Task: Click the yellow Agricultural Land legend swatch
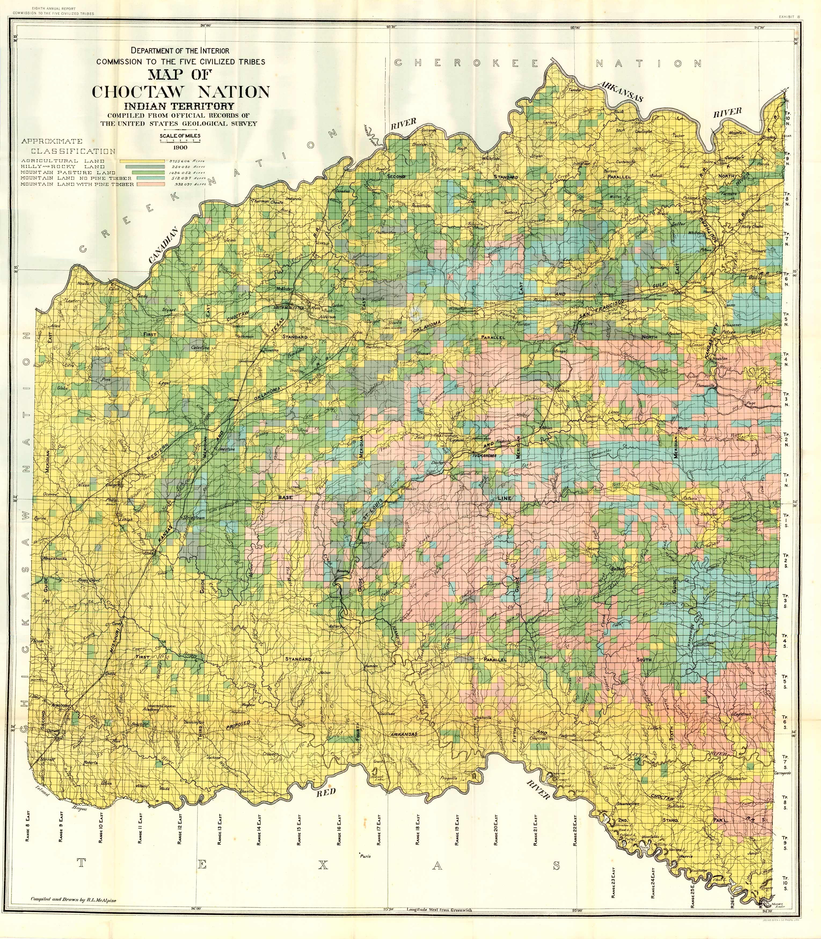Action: tap(141, 161)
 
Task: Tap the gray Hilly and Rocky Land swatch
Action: tap(141, 167)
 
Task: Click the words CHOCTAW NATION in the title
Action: tap(181, 91)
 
